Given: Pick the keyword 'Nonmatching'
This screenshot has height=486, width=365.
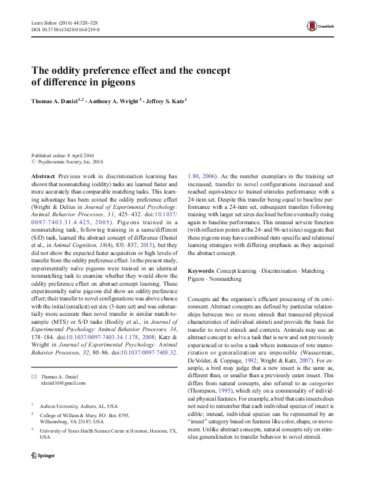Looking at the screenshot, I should click(226, 278).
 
